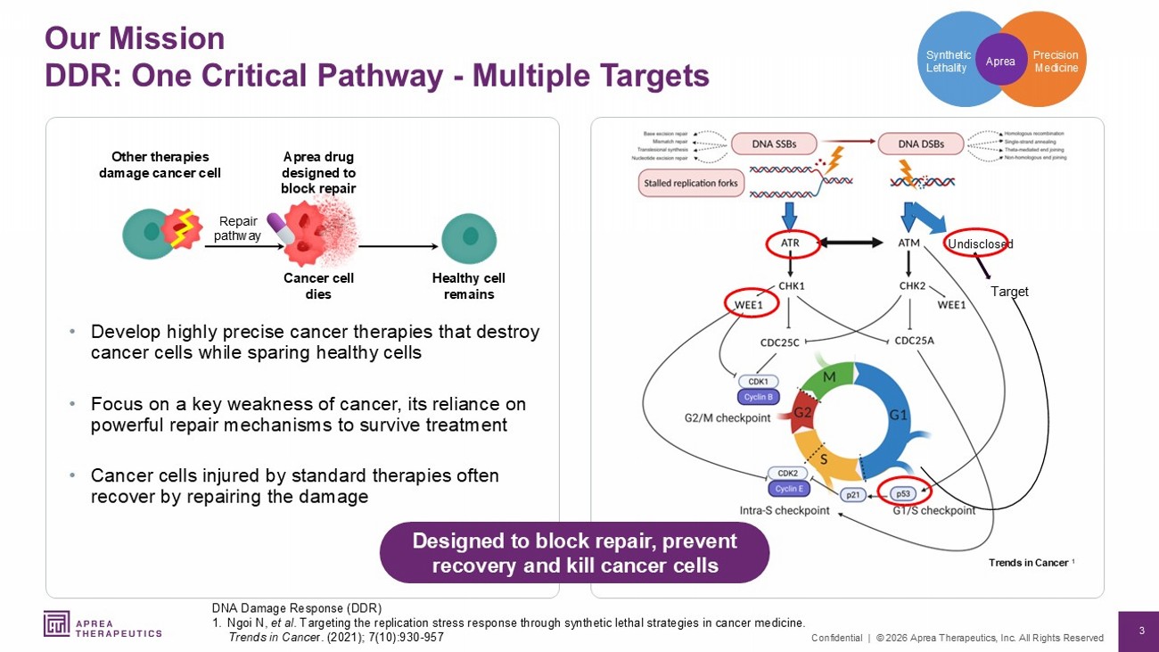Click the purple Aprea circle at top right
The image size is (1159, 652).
point(1000,60)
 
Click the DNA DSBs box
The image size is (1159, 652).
point(921,144)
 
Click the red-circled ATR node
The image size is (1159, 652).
point(790,243)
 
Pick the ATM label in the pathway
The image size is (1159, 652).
point(908,243)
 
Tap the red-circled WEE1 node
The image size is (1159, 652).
point(749,305)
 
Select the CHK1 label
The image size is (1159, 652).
point(792,286)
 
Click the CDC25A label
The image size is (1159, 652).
point(914,340)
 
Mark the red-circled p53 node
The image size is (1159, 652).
point(903,491)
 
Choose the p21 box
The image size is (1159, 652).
point(852,494)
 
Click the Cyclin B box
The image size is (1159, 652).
point(758,397)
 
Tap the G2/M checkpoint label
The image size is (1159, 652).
point(727,417)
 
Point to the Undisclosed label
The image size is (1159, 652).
point(980,243)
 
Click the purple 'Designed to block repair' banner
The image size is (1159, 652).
point(574,553)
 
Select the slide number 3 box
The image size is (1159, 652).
point(1138,631)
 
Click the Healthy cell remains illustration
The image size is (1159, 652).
point(469,238)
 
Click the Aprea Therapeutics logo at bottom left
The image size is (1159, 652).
point(103,624)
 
